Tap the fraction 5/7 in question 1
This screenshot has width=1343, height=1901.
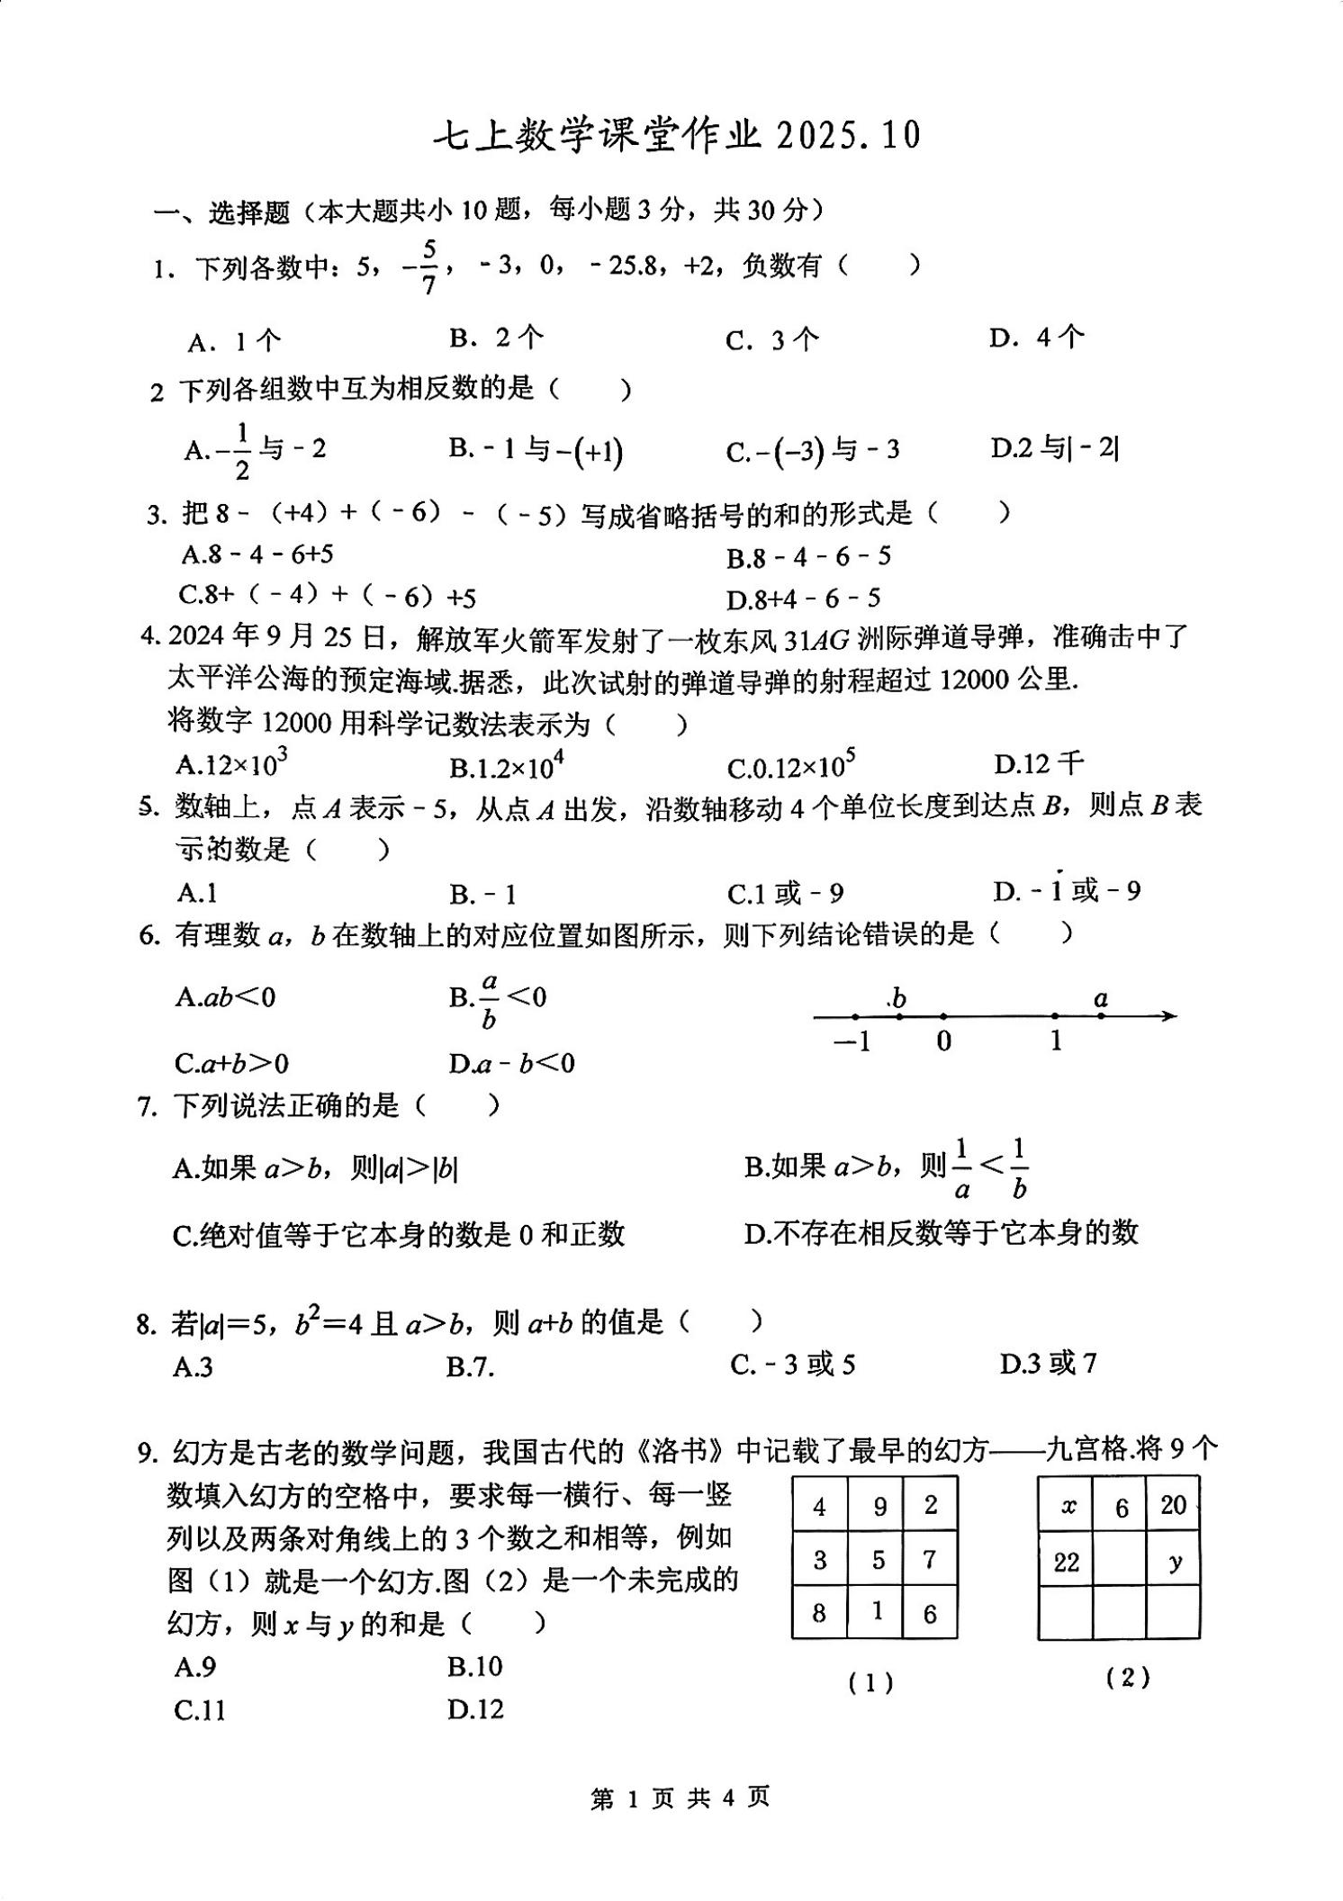(428, 267)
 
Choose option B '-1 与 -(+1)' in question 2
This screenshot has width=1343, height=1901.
(536, 449)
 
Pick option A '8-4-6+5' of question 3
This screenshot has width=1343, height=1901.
(257, 554)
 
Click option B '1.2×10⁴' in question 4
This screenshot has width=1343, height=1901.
(506, 766)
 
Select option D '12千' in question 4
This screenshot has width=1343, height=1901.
(1039, 764)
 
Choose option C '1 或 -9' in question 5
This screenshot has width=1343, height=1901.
(785, 893)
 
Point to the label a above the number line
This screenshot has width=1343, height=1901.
(1100, 998)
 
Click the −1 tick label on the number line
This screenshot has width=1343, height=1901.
(852, 1041)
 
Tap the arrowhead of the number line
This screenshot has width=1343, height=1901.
(1168, 1016)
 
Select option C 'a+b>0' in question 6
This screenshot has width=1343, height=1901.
(231, 1063)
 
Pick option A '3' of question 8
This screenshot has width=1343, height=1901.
(194, 1366)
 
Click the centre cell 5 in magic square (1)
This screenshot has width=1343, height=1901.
(876, 1560)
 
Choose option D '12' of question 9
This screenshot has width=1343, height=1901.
(474, 1708)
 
